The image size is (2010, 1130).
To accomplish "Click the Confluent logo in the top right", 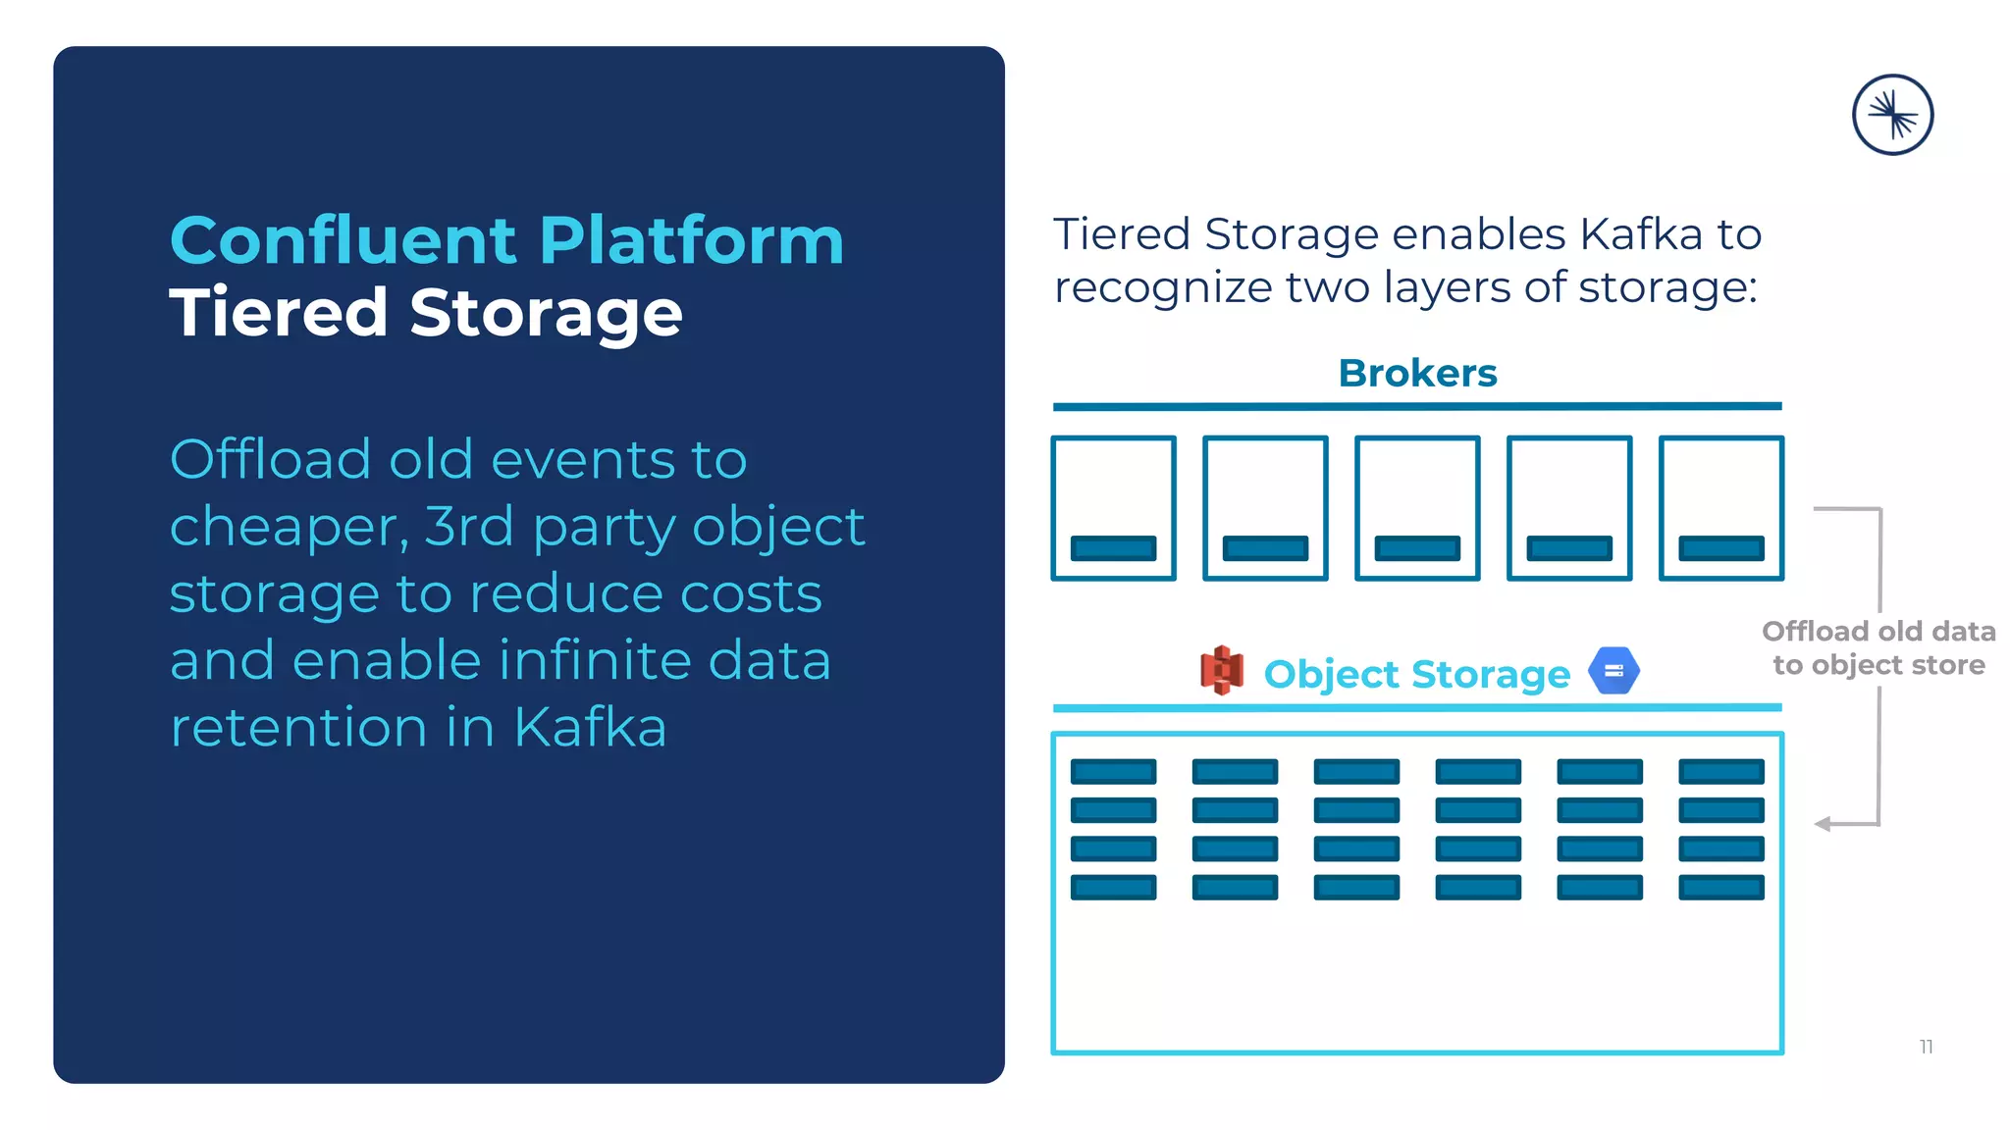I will point(1892,115).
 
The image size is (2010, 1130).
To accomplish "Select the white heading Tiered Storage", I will point(425,313).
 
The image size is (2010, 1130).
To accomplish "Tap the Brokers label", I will point(1417,373).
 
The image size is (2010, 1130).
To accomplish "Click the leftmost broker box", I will point(1113,508).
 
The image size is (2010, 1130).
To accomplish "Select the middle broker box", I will point(1417,508).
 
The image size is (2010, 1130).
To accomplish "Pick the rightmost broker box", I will point(1721,508).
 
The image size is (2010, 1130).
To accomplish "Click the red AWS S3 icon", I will point(1222,671).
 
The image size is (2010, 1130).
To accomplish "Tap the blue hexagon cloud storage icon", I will point(1613,671).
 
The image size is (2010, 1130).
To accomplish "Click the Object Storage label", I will point(1416,674).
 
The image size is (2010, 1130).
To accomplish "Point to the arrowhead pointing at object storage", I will point(1823,824).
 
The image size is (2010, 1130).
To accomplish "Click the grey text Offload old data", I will point(1878,631).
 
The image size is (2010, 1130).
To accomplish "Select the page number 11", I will point(1926,1047).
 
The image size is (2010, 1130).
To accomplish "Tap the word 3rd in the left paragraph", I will point(469,527).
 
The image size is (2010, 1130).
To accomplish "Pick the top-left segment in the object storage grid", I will point(1113,772).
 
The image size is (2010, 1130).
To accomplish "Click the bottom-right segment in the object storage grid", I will point(1721,888).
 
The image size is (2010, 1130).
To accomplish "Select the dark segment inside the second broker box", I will point(1265,548).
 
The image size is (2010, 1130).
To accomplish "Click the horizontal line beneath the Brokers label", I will point(1417,406).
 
